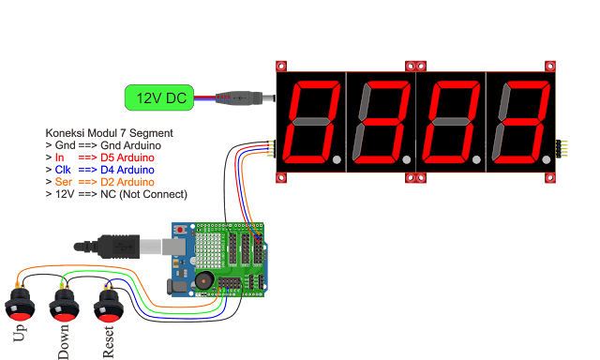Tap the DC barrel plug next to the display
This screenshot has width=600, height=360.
[247, 97]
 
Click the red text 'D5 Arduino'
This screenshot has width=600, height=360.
[127, 157]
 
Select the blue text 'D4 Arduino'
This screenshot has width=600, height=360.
[127, 170]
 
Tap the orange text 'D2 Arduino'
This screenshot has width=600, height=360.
[127, 182]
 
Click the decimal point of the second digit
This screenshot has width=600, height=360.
[406, 161]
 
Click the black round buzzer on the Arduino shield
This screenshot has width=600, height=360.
[202, 280]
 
